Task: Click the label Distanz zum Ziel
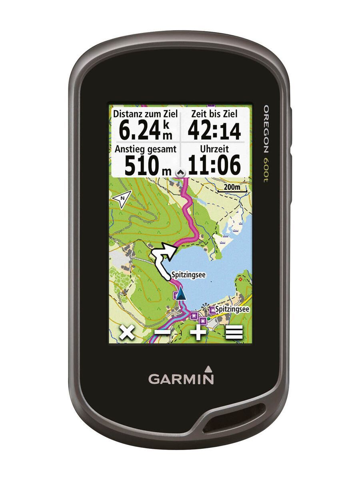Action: (145, 114)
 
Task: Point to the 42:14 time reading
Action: (214, 130)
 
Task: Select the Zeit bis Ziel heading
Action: (214, 114)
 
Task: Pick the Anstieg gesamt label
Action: (145, 149)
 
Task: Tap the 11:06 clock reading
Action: (214, 165)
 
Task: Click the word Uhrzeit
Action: (215, 149)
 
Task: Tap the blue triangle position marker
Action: (181, 293)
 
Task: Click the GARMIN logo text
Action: (181, 378)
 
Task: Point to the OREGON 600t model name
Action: (265, 144)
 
